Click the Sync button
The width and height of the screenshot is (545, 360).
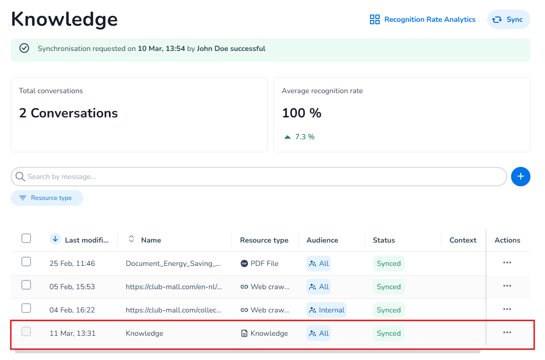(x=509, y=19)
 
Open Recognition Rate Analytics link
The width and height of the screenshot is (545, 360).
(x=422, y=19)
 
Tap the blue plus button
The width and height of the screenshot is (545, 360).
(x=520, y=177)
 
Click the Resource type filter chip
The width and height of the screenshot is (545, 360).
(x=47, y=198)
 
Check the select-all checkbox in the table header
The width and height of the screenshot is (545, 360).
(x=26, y=238)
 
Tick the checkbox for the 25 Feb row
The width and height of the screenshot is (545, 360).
(x=26, y=262)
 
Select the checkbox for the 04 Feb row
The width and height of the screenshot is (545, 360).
(x=26, y=309)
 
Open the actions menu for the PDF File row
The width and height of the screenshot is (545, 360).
(x=507, y=262)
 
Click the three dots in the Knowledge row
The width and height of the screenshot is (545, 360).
(x=507, y=332)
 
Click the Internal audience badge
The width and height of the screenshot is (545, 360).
(x=326, y=310)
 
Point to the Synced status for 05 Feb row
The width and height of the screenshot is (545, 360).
(x=389, y=287)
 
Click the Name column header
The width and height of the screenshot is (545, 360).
(x=151, y=240)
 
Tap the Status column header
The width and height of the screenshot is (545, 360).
(x=384, y=240)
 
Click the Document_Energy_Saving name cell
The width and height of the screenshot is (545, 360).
(x=173, y=263)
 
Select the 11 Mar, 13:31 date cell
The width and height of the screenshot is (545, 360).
(x=72, y=333)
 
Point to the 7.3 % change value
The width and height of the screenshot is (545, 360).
(x=305, y=137)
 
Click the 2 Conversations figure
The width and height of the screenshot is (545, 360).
(x=68, y=113)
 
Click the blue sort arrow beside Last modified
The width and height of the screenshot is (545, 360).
(x=55, y=239)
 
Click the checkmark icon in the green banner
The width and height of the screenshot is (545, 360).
(x=24, y=49)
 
